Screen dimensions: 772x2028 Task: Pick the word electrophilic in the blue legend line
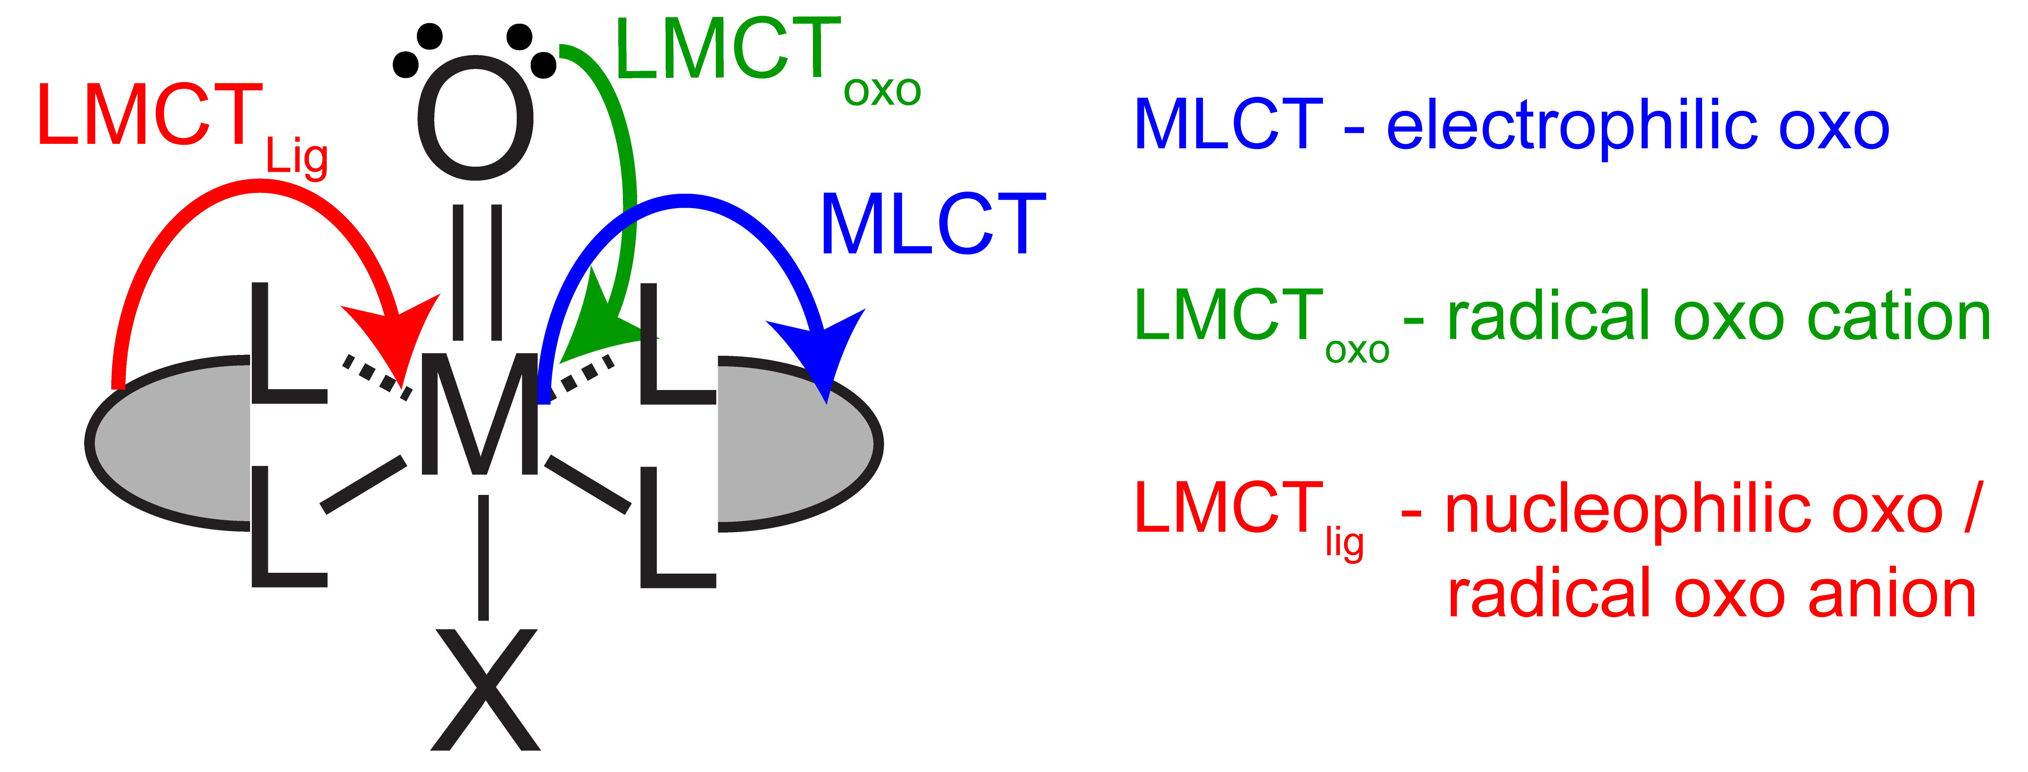pyautogui.click(x=1571, y=126)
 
